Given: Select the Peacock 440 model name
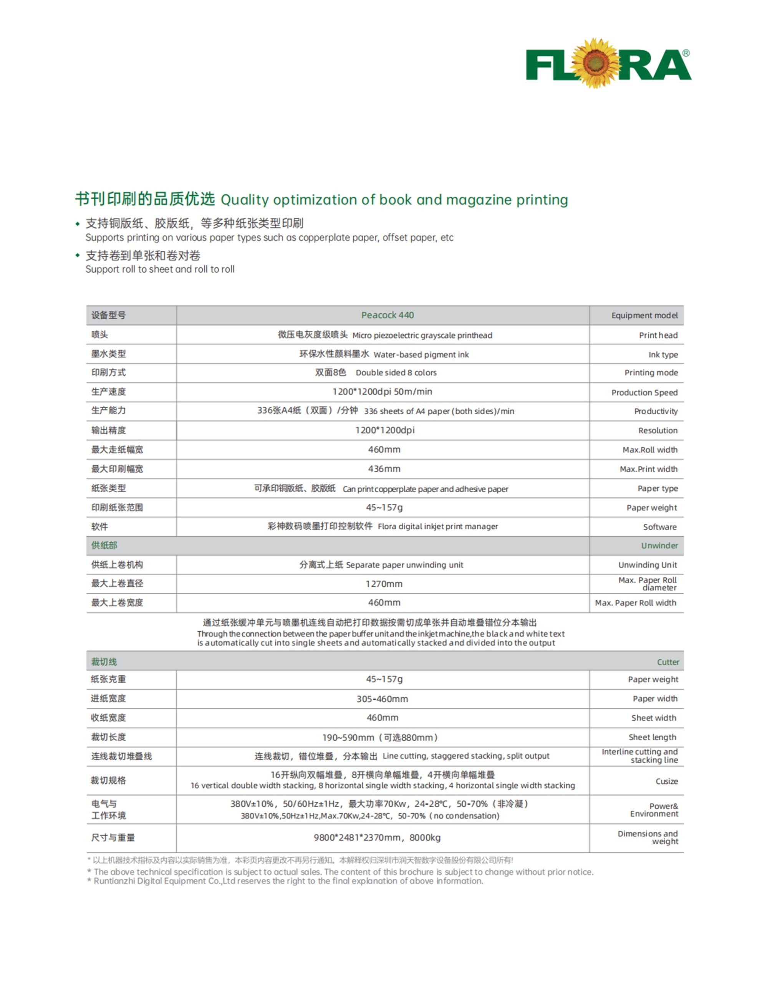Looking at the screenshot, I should tap(387, 315).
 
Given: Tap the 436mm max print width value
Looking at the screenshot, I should tap(384, 468).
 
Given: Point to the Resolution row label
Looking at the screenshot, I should tap(657, 430).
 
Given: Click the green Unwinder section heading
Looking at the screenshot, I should tap(659, 546).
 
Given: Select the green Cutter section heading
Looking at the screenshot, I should tap(668, 662).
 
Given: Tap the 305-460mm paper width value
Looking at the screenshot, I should tap(382, 699).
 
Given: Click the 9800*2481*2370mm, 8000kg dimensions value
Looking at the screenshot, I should tap(377, 837).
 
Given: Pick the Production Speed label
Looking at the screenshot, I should tap(644, 392).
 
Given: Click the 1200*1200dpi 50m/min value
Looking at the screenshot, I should tap(382, 392).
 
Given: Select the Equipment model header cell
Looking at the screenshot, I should tap(644, 316).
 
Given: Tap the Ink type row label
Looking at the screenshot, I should tap(663, 355).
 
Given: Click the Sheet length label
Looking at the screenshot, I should tap(652, 737).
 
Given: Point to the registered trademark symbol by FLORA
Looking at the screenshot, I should tap(686, 53).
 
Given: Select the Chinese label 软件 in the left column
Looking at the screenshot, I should tap(99, 526).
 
